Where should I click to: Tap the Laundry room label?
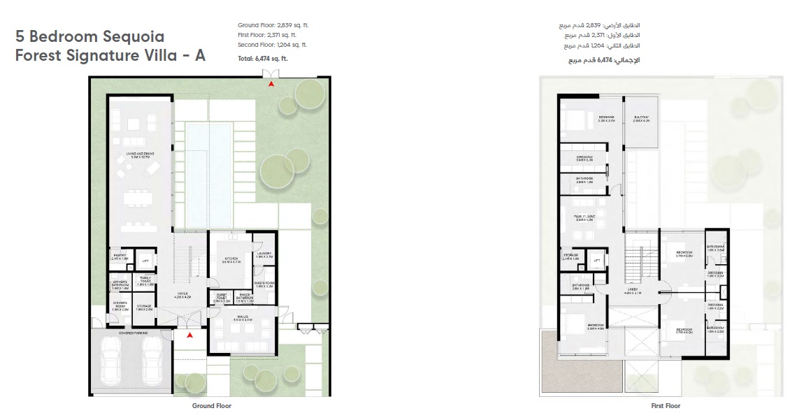pyautogui.click(x=264, y=255)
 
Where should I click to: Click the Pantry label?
pyautogui.click(x=120, y=257)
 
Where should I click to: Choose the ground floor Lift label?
pyautogui.click(x=145, y=261)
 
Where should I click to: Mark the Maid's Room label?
pyautogui.click(x=264, y=284)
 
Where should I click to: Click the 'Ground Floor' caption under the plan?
pyautogui.click(x=211, y=405)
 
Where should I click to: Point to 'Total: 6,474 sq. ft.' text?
pyautogui.click(x=262, y=59)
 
